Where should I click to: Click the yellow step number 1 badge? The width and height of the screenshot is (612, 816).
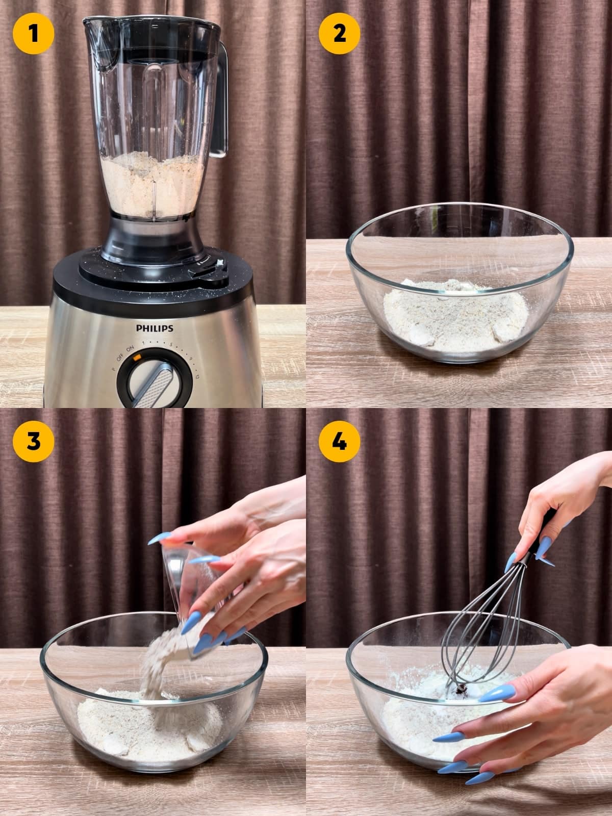(x=33, y=33)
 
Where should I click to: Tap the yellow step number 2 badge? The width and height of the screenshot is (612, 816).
(x=339, y=33)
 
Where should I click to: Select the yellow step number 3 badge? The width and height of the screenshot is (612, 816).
(x=33, y=441)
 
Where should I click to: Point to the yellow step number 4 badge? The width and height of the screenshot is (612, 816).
(x=339, y=441)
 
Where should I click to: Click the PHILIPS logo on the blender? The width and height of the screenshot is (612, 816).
(x=154, y=328)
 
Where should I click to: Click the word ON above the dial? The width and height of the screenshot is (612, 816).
(x=130, y=348)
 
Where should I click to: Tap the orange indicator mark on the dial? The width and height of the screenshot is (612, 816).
(x=136, y=358)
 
